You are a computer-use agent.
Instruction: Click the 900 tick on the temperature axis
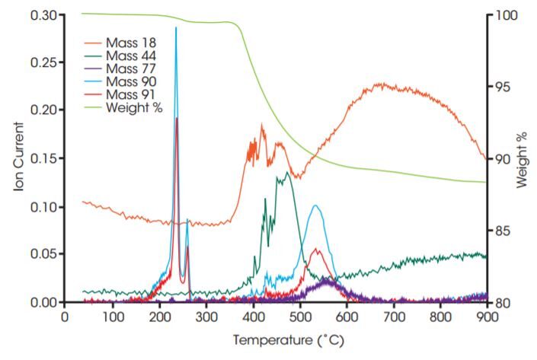(486, 317)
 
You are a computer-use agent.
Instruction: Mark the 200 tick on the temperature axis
(158, 317)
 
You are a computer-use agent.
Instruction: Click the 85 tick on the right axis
(503, 231)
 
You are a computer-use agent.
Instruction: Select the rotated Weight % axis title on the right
(523, 158)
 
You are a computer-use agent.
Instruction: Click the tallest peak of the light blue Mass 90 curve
(176, 28)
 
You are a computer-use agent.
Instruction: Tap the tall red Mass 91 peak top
(177, 119)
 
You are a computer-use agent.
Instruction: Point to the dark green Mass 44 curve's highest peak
(286, 173)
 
